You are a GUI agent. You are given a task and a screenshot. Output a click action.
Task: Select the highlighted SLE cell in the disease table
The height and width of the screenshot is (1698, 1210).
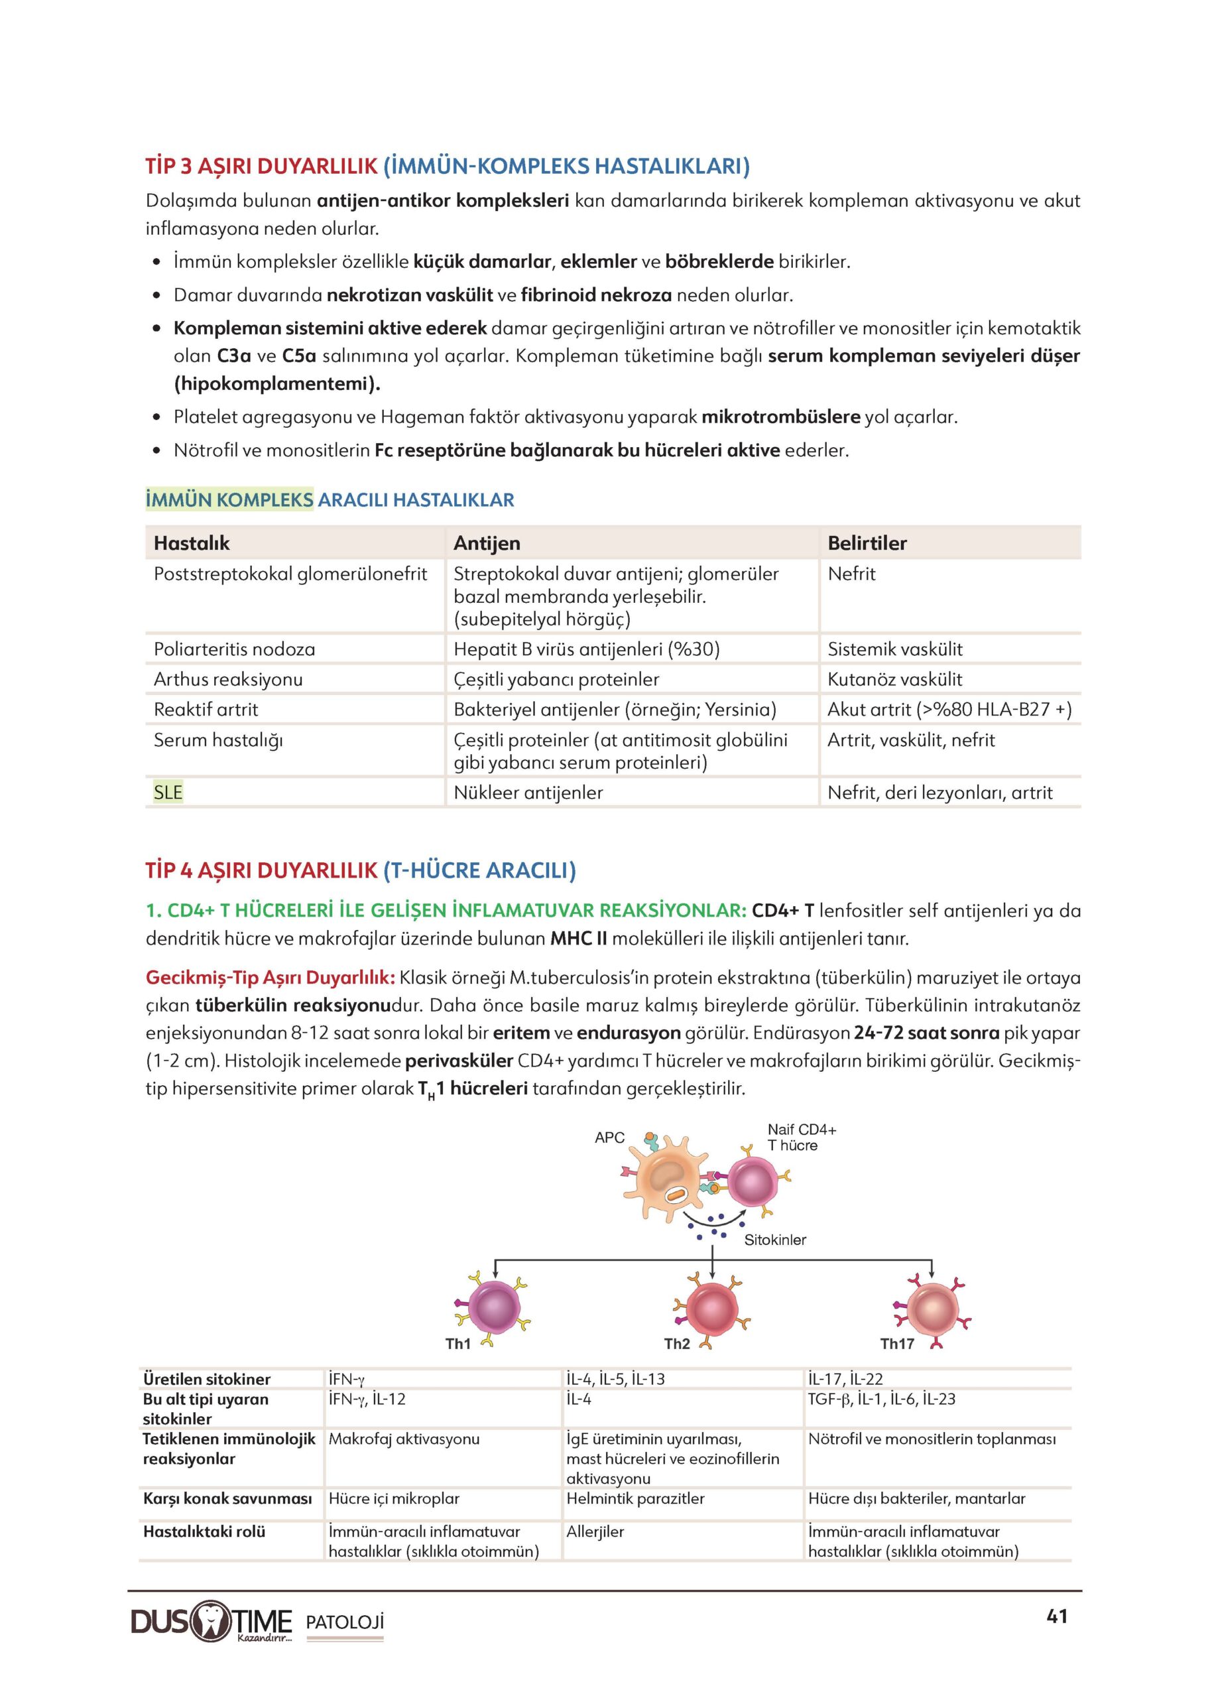pyautogui.click(x=168, y=793)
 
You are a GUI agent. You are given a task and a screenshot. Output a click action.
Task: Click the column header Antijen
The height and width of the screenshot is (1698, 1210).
pyautogui.click(x=487, y=543)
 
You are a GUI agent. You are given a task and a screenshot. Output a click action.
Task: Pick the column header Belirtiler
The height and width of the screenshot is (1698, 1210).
pyautogui.click(x=867, y=543)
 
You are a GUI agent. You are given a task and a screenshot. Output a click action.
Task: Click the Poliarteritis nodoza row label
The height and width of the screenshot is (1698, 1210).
pyautogui.click(x=234, y=649)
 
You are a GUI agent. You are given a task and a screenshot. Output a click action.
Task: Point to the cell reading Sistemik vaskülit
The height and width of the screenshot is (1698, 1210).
pyautogui.click(x=894, y=649)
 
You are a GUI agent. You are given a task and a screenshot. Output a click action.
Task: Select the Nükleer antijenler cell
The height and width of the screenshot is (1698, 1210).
pyautogui.click(x=528, y=793)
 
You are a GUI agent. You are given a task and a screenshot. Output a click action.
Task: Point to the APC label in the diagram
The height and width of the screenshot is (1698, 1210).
pyautogui.click(x=609, y=1138)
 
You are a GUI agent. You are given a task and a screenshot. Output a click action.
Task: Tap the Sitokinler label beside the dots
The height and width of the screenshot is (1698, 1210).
pyautogui.click(x=775, y=1240)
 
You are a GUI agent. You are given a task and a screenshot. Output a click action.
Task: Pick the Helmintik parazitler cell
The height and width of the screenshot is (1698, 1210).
pyautogui.click(x=635, y=1498)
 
